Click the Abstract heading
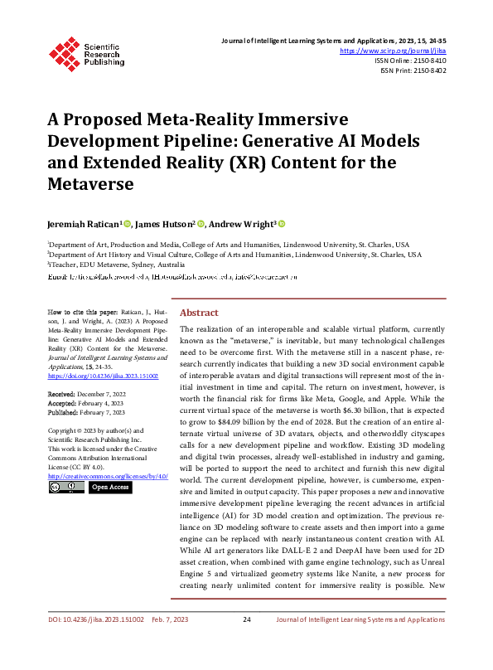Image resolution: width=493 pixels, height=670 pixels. (x=199, y=313)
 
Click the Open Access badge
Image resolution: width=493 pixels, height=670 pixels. (x=109, y=488)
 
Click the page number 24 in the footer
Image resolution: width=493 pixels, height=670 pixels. (x=246, y=643)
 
